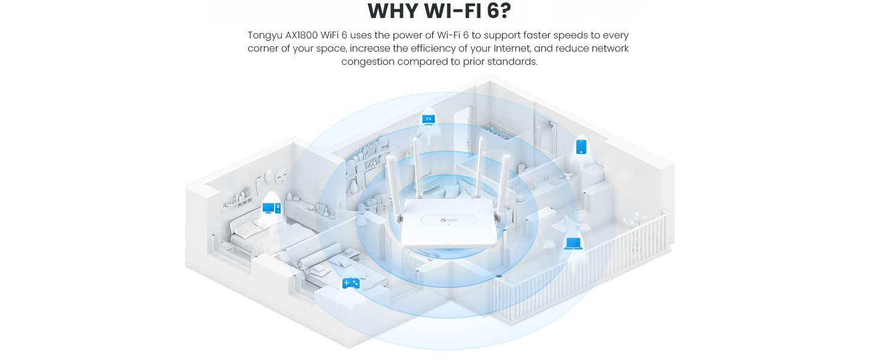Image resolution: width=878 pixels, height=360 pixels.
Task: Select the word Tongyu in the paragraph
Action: tap(266, 35)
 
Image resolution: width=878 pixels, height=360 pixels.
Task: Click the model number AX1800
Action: tap(309, 35)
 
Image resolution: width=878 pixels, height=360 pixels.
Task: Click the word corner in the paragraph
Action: tap(264, 49)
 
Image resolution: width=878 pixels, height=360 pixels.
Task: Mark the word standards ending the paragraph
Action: tap(513, 62)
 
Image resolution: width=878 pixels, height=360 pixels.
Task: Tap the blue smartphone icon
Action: tap(581, 146)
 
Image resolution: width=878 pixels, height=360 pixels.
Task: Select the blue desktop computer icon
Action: tap(271, 208)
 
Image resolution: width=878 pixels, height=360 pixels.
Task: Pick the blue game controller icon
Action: tap(350, 283)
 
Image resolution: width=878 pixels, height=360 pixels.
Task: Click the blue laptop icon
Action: tap(573, 243)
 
